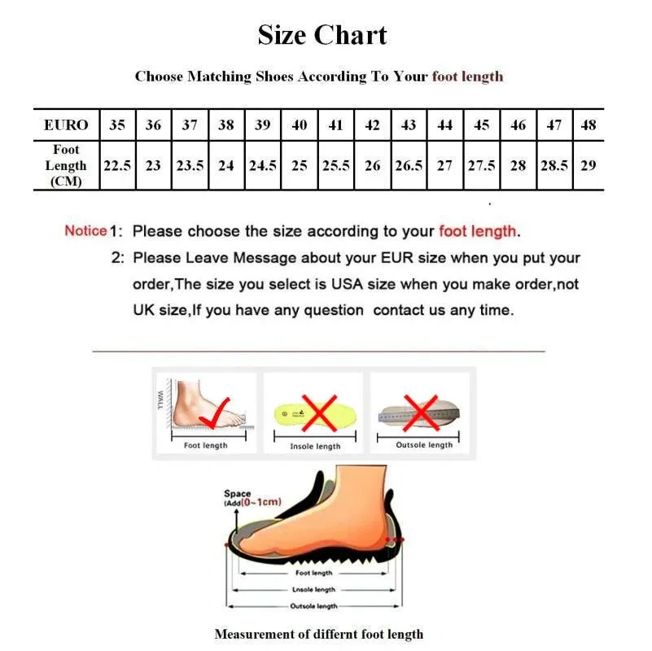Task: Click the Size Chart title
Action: [x=322, y=35]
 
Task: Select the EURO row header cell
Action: [x=66, y=125]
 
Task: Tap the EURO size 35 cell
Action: [x=116, y=125]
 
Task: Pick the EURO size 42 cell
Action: [x=372, y=125]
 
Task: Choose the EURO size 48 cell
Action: [x=589, y=125]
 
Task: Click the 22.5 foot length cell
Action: [x=116, y=165]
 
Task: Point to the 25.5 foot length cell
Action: [x=335, y=165]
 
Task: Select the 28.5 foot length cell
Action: [x=554, y=165]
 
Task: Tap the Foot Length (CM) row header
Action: [x=66, y=165]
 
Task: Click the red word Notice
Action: [x=85, y=230]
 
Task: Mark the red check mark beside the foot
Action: [x=215, y=411]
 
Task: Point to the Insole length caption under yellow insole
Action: [x=315, y=447]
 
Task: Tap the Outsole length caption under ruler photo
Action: [x=424, y=445]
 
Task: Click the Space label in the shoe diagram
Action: [x=237, y=494]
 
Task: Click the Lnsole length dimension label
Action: [x=314, y=590]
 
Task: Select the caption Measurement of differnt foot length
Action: [x=318, y=634]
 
